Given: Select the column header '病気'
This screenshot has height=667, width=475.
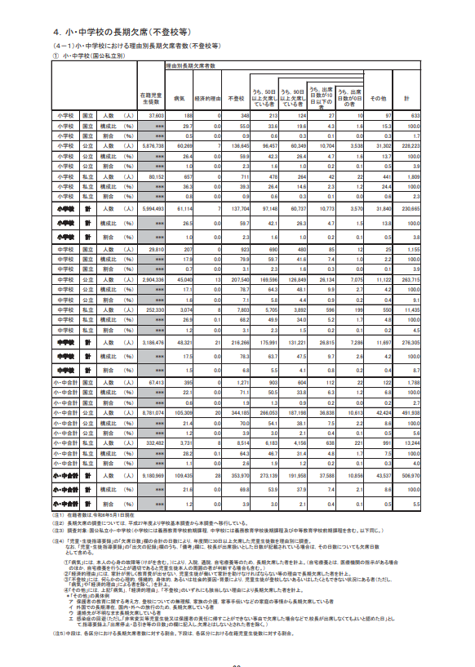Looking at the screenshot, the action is (179, 97).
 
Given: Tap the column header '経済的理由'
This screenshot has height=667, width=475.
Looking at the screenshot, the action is (208, 97).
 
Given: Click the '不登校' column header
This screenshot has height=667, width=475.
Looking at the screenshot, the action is (237, 97).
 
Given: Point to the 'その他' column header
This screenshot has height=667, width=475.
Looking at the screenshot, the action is (378, 97).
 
